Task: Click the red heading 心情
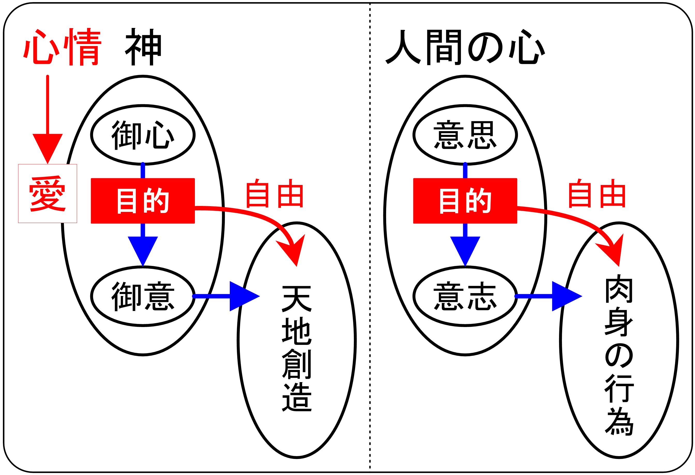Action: coord(63,47)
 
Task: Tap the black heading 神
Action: coord(143,47)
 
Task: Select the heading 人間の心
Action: coord(465,47)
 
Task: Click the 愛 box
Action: coord(48,194)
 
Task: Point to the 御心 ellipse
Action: coord(143,135)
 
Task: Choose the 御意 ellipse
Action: coord(143,296)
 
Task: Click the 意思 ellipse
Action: coord(465,135)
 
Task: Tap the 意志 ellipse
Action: coord(465,296)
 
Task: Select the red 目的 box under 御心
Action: coord(143,201)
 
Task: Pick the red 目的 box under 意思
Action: coord(465,201)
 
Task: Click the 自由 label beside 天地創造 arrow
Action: coord(274,194)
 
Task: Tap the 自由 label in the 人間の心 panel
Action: coord(597,194)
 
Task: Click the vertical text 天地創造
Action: coord(297,348)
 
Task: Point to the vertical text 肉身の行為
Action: coord(619,356)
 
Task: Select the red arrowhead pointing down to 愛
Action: coord(48,147)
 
